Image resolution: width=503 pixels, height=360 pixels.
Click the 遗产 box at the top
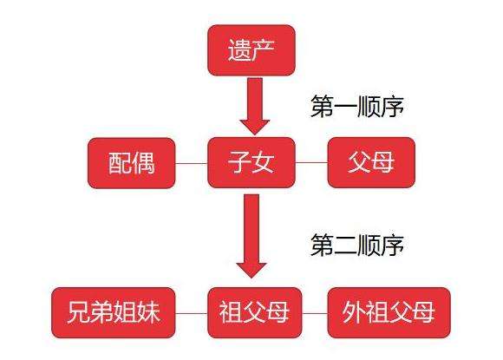[x=251, y=50]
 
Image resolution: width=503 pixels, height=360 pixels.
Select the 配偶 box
[x=132, y=163]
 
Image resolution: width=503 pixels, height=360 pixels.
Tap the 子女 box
[x=251, y=162]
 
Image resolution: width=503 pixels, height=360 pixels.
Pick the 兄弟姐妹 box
[x=114, y=312]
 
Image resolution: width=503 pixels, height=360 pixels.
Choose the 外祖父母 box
[x=389, y=312]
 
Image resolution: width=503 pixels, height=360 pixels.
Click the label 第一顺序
[x=357, y=106]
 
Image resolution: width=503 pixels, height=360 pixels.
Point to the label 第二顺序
[x=357, y=245]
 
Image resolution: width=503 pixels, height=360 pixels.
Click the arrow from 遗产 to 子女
[x=255, y=106]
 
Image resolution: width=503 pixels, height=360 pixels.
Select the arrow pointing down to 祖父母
[x=251, y=236]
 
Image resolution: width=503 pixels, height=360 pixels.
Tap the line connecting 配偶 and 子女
[x=192, y=163]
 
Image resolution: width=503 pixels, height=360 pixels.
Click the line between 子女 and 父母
[x=311, y=162]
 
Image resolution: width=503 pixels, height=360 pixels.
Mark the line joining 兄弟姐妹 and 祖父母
[x=192, y=313]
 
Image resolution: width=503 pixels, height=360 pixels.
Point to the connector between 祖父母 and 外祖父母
[x=315, y=313]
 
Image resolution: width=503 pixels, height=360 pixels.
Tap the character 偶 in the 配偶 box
[x=143, y=163]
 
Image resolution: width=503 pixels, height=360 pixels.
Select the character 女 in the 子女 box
[x=263, y=162]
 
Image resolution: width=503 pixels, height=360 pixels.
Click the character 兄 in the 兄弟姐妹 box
[x=79, y=312]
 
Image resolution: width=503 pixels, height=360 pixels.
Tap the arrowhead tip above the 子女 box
[x=255, y=134]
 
